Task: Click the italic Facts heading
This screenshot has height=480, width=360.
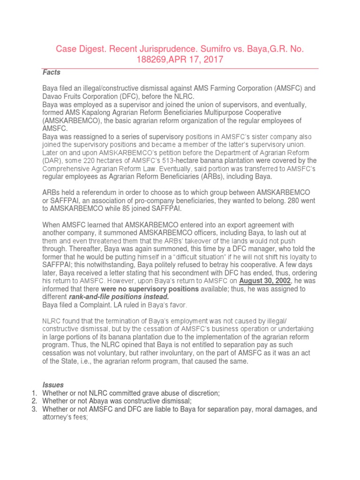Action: [52, 72]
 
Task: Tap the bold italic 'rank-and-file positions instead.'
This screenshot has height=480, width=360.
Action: [119, 297]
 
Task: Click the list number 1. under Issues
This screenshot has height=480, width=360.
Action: [34, 393]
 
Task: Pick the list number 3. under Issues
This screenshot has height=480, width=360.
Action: [34, 409]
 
